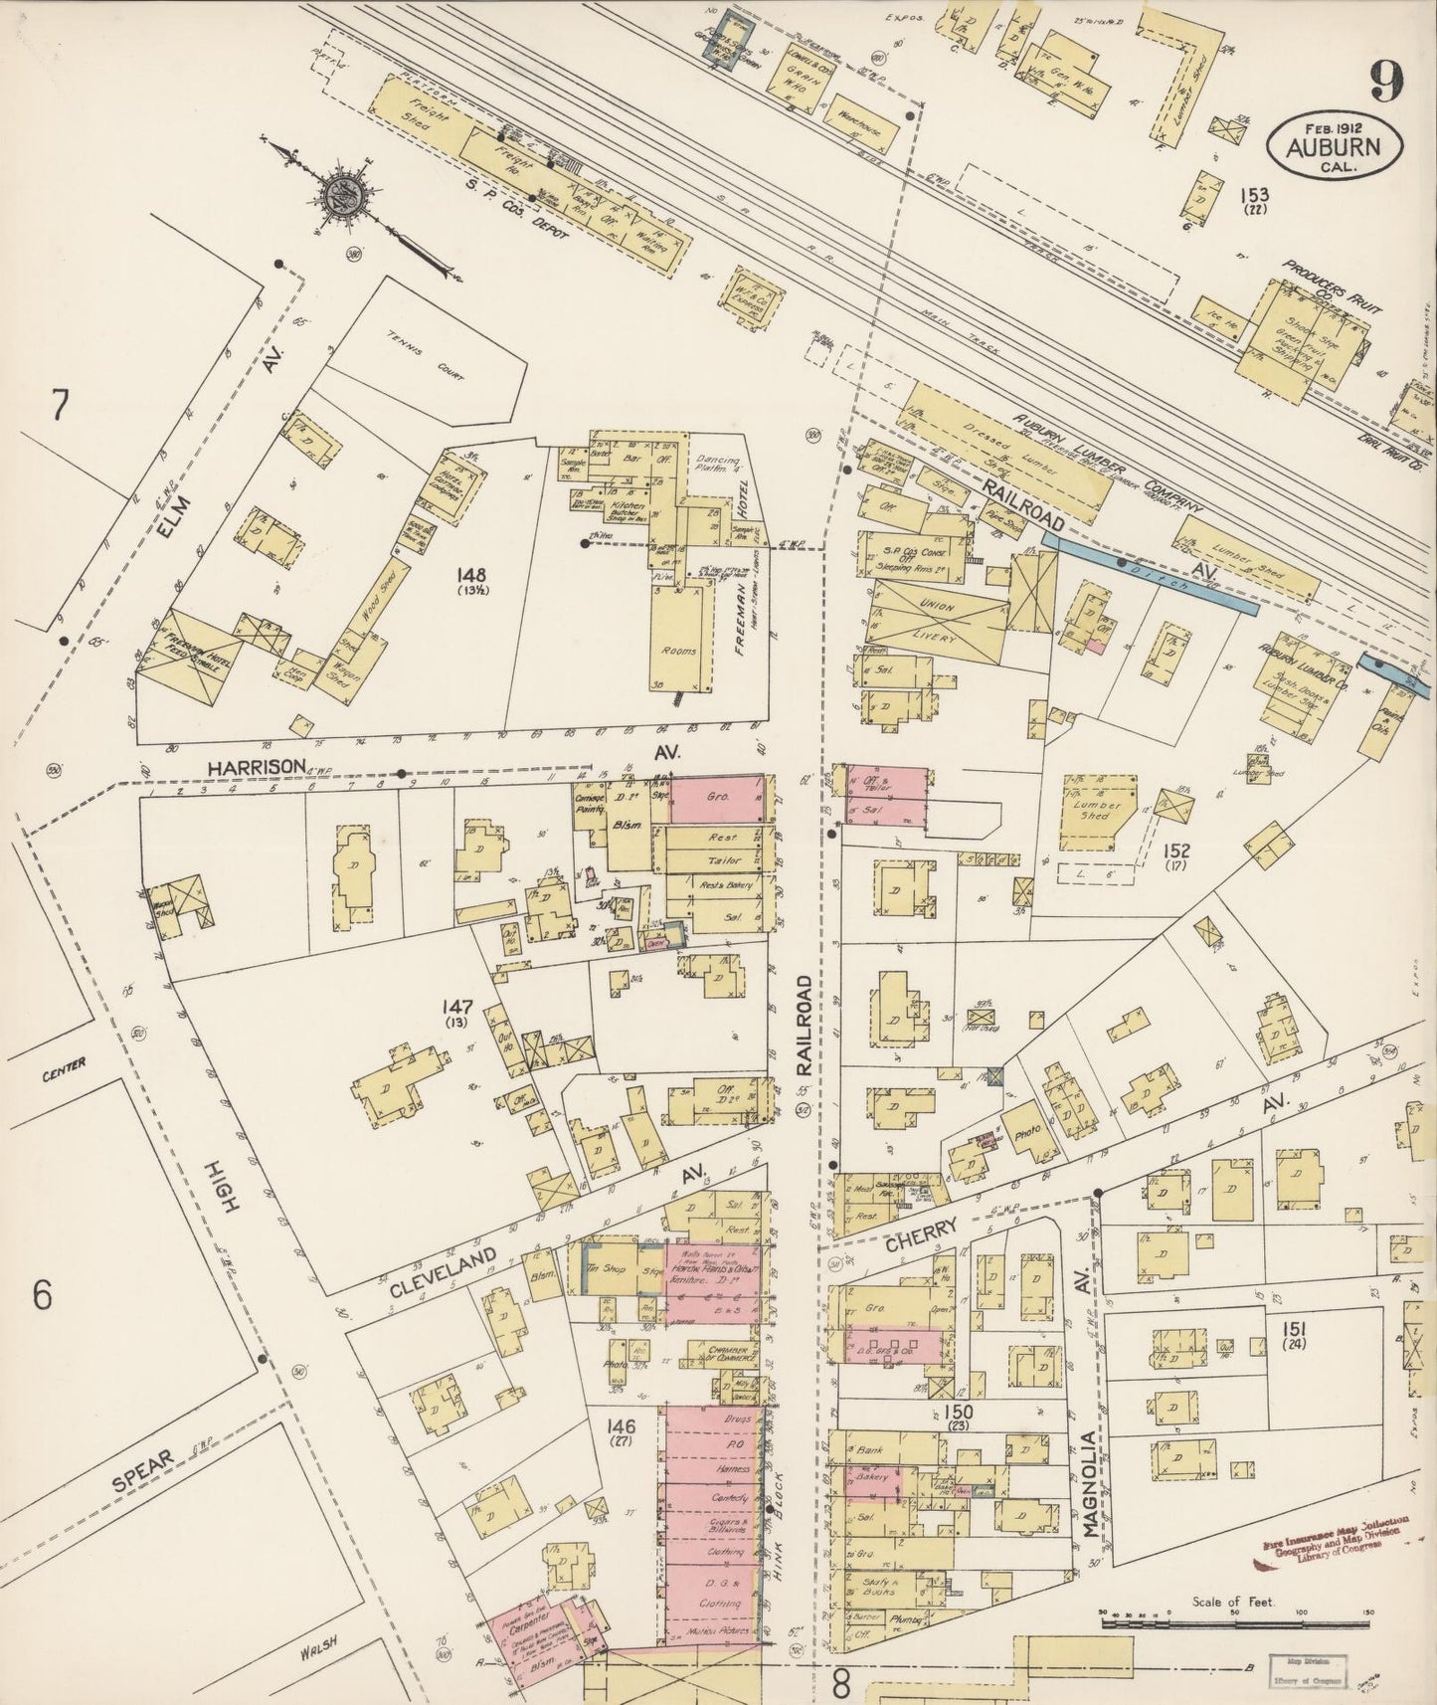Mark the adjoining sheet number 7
(61, 407)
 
